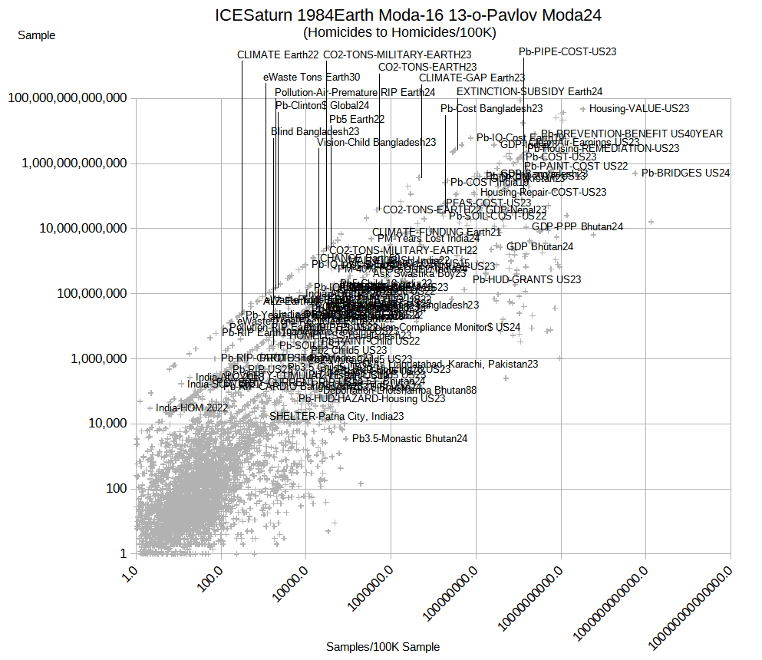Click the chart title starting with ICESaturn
408,15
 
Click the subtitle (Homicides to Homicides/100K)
400,32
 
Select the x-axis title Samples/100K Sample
383,647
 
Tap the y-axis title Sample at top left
36,35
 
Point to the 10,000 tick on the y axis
104,424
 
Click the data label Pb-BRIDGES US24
685,173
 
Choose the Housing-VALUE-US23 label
639,109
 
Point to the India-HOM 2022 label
192,408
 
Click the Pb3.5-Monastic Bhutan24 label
410,439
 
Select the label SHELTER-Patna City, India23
336,416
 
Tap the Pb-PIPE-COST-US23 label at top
567,52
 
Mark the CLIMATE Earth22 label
278,54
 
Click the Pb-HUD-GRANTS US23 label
526,280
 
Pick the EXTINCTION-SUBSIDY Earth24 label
529,91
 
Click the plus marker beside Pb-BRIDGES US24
635,173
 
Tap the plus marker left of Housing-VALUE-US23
583,109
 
